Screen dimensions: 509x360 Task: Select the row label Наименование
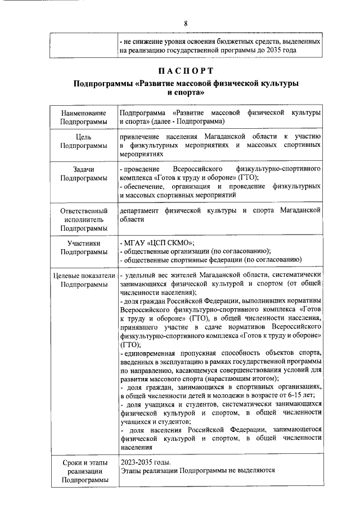pos(83,114)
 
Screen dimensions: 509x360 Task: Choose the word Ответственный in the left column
pos(83,210)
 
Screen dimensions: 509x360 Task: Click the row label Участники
pos(83,244)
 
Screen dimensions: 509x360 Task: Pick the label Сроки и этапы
pos(83,462)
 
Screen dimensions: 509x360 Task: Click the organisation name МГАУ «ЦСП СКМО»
pos(159,242)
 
